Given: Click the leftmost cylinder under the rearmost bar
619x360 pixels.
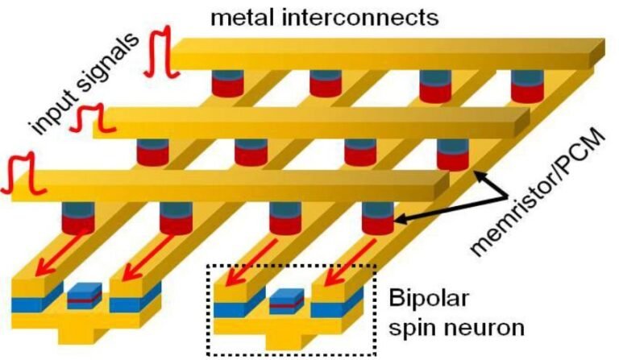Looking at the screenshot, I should pos(228,83).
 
